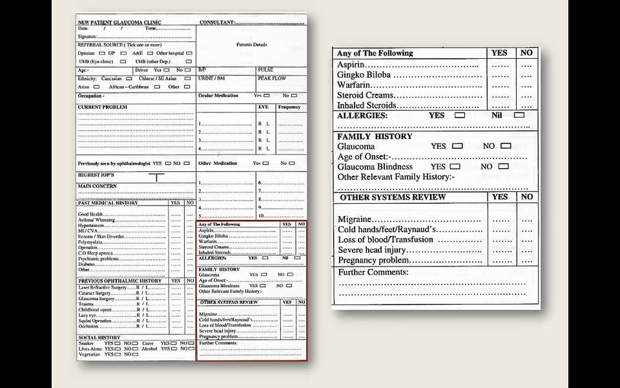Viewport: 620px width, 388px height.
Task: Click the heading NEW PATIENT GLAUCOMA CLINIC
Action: click(119, 22)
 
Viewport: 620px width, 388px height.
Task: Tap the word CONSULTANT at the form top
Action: click(216, 22)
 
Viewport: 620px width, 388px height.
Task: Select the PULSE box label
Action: click(265, 69)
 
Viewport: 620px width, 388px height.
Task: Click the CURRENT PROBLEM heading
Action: click(103, 107)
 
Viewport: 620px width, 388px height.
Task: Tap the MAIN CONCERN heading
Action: click(98, 186)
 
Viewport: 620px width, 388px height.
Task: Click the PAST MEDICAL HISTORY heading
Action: click(108, 203)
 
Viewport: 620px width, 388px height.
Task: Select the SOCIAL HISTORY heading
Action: click(99, 338)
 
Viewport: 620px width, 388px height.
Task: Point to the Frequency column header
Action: click(289, 107)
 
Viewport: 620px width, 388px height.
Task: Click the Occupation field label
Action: click(90, 96)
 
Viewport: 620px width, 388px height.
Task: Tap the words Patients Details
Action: click(252, 45)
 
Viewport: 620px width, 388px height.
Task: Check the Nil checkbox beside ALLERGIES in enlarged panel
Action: click(519, 115)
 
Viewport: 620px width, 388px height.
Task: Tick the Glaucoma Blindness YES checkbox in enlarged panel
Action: click(455, 166)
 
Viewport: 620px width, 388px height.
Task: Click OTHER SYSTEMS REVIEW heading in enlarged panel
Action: click(393, 197)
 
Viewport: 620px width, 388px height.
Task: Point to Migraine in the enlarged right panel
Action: click(353, 220)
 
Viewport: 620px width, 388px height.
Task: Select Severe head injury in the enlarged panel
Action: click(371, 250)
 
